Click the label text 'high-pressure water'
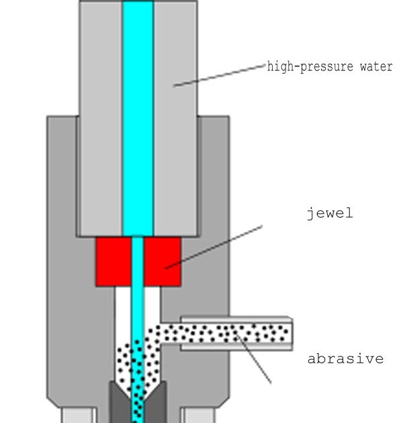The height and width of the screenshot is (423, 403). [330, 67]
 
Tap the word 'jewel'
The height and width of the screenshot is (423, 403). [329, 214]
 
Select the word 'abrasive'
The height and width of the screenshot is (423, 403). [345, 359]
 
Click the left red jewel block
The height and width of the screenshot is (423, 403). [113, 262]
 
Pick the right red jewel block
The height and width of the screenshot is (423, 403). [162, 262]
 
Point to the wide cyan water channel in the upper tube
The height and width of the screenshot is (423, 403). [138, 121]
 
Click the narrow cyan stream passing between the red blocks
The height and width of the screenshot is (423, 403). [138, 262]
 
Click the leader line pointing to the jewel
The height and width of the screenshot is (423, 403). [215, 246]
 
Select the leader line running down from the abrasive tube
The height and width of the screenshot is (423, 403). [255, 359]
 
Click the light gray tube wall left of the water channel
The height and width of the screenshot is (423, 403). [101, 121]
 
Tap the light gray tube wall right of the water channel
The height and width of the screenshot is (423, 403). [175, 121]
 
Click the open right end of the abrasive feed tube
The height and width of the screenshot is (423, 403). [290, 334]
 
